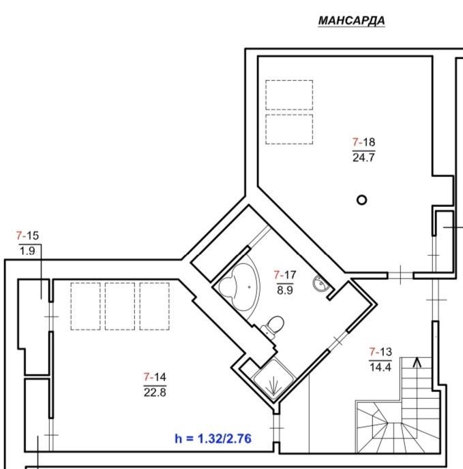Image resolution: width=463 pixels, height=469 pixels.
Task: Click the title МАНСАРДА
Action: coord(351,20)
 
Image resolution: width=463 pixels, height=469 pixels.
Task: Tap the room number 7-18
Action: coord(363,142)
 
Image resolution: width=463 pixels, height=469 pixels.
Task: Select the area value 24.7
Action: coord(363,157)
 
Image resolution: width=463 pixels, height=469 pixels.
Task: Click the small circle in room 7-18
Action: coord(361,200)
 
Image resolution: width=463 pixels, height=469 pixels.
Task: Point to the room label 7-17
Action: coord(285,274)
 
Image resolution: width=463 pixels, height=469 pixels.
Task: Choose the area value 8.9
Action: coord(285,290)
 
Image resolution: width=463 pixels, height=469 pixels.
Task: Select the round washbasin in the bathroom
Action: coord(320,282)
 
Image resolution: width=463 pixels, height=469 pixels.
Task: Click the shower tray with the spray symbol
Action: coord(274,380)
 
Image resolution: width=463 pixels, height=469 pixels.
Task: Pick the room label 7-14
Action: coord(155,377)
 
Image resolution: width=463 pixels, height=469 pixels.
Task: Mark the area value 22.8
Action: coord(155,392)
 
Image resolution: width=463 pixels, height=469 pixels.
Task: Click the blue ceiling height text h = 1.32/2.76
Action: coord(213,438)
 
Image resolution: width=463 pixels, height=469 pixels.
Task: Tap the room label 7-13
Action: coord(380,352)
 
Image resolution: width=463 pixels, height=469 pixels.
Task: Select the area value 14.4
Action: coord(380,367)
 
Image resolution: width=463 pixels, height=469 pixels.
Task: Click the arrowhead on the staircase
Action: coord(417,363)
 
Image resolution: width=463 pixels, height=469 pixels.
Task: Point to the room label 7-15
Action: coord(27,236)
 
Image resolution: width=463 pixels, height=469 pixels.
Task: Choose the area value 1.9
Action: coord(27,251)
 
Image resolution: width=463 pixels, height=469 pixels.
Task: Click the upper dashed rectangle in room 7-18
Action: coord(289,95)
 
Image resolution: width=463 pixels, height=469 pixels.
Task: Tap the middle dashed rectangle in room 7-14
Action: coord(120,306)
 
